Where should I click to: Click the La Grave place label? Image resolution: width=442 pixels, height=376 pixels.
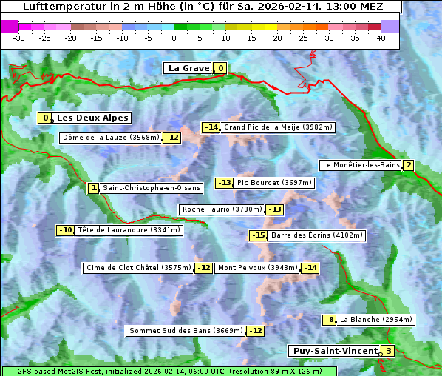click(188, 68)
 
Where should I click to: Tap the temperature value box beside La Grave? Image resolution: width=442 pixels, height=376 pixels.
click(220, 69)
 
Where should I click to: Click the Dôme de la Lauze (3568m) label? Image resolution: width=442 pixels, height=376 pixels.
click(111, 138)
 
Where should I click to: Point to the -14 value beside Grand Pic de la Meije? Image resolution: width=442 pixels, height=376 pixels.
click(211, 127)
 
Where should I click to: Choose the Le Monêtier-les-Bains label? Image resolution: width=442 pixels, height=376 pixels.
click(360, 165)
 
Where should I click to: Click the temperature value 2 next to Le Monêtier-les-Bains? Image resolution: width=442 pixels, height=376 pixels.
click(408, 165)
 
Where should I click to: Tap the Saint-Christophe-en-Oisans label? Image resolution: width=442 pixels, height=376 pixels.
click(151, 188)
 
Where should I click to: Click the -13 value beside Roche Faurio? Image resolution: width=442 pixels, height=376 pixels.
click(274, 209)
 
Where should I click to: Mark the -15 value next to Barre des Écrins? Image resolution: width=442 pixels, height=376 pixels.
click(258, 235)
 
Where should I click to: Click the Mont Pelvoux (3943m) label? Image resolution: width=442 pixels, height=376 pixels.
click(256, 268)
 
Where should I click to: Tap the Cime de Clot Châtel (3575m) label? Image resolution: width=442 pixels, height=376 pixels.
click(138, 268)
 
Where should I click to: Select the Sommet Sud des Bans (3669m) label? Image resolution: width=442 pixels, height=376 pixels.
click(186, 331)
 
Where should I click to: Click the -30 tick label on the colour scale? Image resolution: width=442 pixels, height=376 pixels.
click(19, 38)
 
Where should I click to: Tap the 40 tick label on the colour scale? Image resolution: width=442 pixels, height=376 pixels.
click(381, 38)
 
